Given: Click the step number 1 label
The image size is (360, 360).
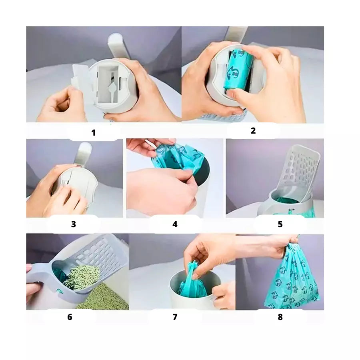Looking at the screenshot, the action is coord(94,133).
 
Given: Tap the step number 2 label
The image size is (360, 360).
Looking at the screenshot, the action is coord(253,131).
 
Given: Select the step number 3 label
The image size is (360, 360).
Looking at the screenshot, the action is coord(74,224).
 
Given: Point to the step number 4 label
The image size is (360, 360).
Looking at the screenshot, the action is coord(175,224).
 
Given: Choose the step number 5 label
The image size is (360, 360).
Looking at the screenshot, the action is coord(280,224).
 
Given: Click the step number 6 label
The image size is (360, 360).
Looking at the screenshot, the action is coord(70,317).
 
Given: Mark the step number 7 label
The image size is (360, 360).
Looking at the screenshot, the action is coord(175,317).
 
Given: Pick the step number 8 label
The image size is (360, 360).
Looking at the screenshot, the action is coord(280,317).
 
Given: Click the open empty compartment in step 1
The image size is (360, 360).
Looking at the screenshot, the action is coord(108,84).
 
